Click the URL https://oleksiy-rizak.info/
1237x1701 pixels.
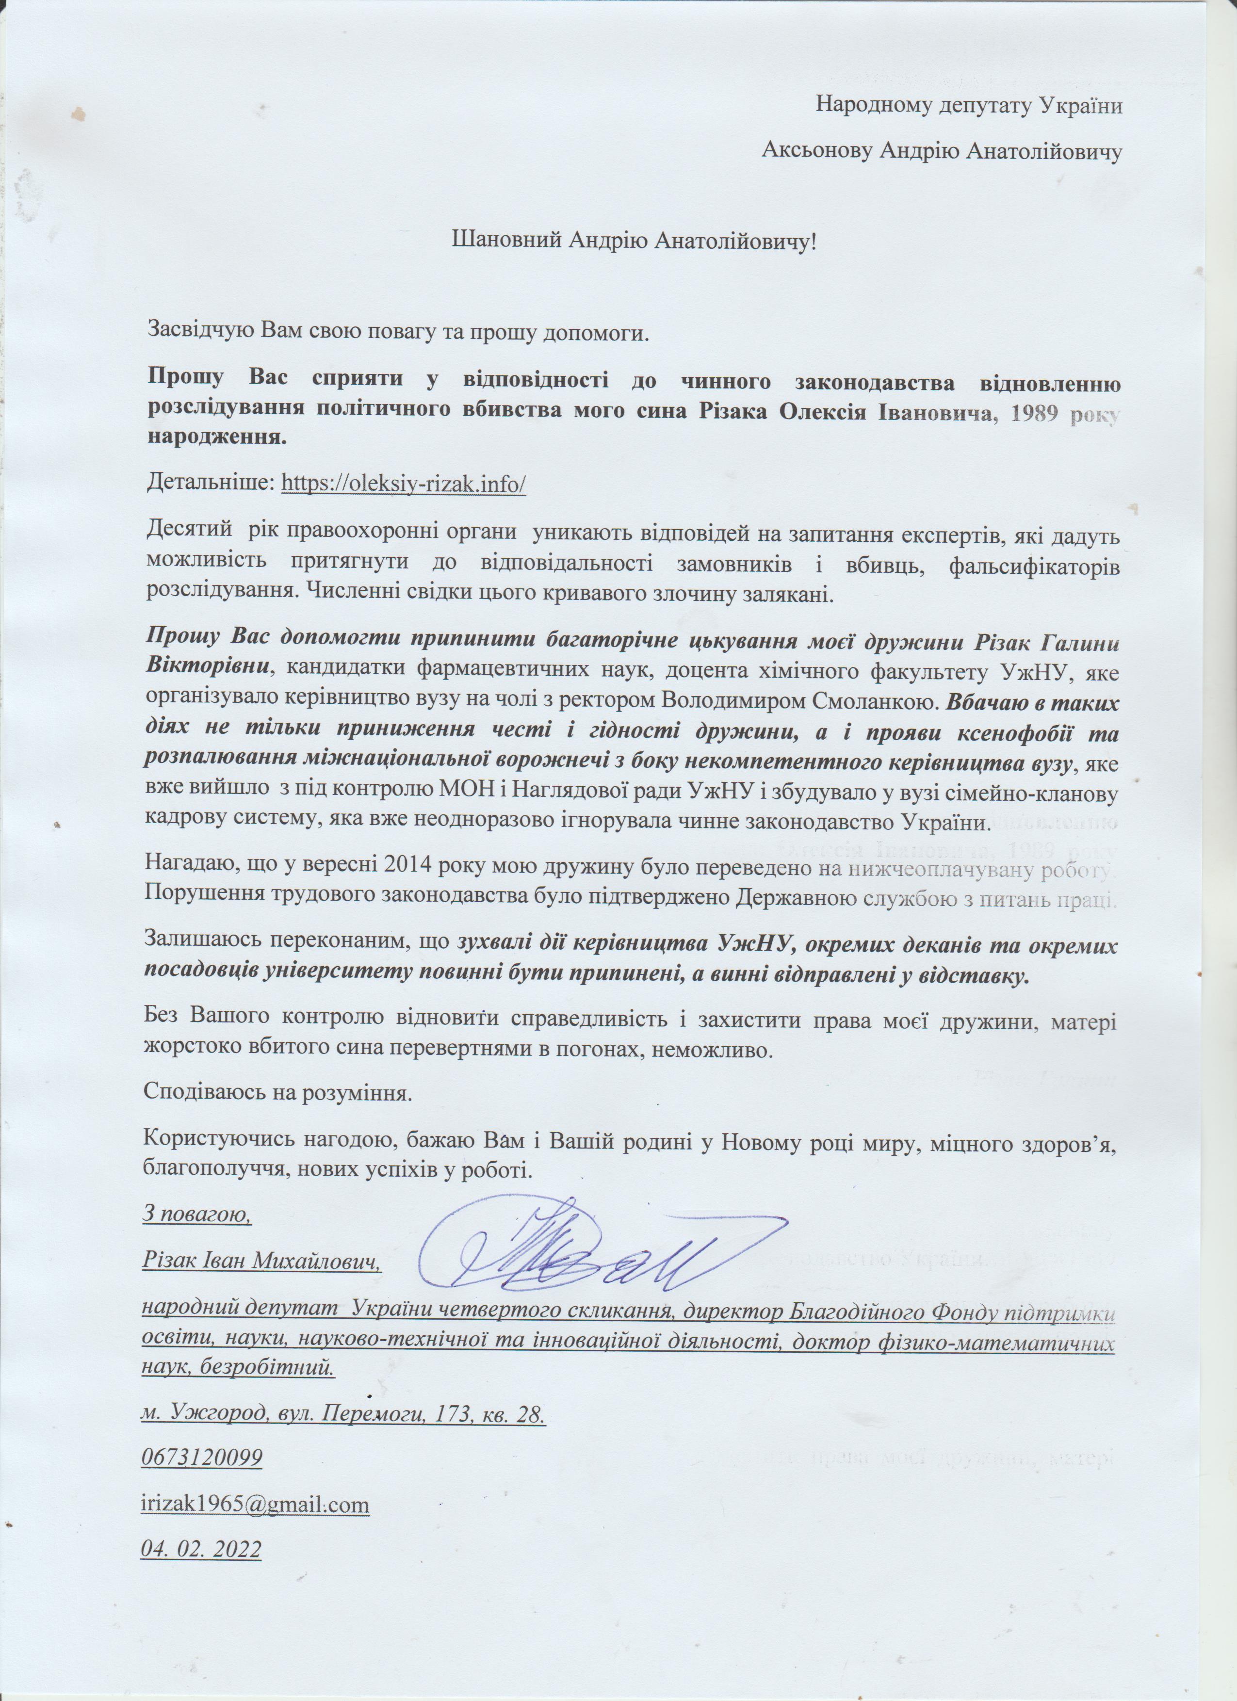[404, 484]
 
